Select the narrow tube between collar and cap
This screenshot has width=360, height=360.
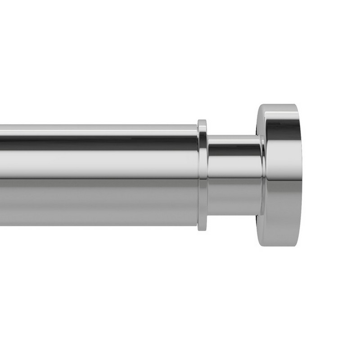tap(234, 175)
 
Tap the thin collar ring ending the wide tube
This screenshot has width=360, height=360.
tap(202, 175)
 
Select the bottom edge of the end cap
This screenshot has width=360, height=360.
tap(279, 245)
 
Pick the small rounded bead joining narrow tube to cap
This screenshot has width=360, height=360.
tap(262, 175)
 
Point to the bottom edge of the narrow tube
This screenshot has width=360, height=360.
tap(234, 215)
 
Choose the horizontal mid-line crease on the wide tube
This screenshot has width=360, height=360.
tap(99, 179)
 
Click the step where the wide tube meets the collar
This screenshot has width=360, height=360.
tap(198, 175)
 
